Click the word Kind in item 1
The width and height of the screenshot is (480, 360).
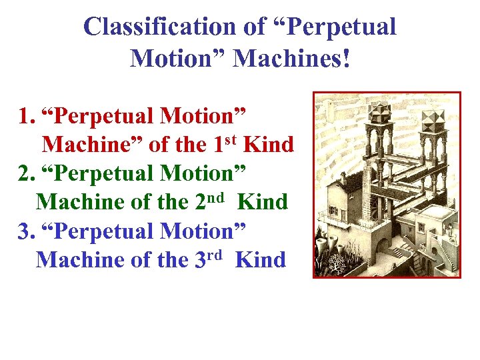pyautogui.click(x=269, y=145)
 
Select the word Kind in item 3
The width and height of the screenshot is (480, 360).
pyautogui.click(x=261, y=259)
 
